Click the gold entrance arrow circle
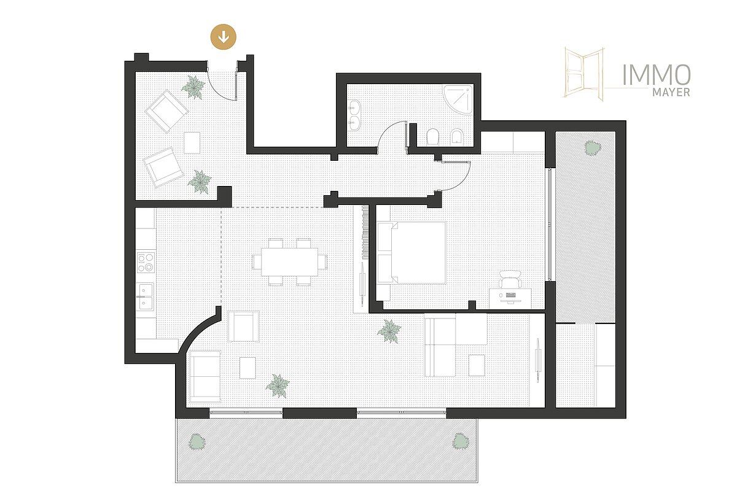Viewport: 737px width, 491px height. [x=224, y=37]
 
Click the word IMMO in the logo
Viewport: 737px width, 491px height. [x=657, y=75]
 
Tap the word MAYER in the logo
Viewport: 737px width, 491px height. [x=671, y=93]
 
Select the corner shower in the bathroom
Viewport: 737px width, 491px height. [x=458, y=99]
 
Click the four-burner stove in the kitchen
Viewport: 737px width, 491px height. [x=146, y=262]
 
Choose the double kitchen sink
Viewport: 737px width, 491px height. [x=145, y=296]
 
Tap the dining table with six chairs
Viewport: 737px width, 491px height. [x=289, y=262]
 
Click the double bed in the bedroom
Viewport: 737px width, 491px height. [x=411, y=253]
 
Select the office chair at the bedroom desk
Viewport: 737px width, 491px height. [x=510, y=279]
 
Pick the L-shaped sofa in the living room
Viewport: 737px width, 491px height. [x=456, y=345]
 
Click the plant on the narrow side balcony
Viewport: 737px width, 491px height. [x=593, y=148]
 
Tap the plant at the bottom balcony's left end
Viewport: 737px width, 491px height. [x=197, y=442]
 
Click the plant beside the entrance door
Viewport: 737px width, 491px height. [x=193, y=87]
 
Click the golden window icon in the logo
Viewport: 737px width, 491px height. [x=584, y=74]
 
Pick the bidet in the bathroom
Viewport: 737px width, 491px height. [x=457, y=137]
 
